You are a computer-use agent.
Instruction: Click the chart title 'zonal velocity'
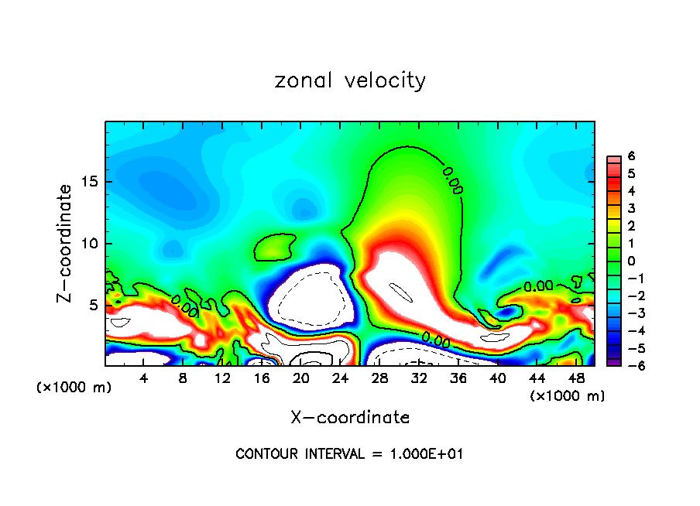click(350, 80)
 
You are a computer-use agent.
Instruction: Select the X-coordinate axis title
click(350, 418)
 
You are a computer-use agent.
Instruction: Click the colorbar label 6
click(631, 156)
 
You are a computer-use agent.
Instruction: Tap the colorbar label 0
click(631, 261)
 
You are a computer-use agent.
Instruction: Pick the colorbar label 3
click(631, 209)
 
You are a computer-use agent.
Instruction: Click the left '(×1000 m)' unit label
click(74, 388)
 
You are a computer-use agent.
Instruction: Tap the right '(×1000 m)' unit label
click(568, 396)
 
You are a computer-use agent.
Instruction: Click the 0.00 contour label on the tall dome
click(452, 179)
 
